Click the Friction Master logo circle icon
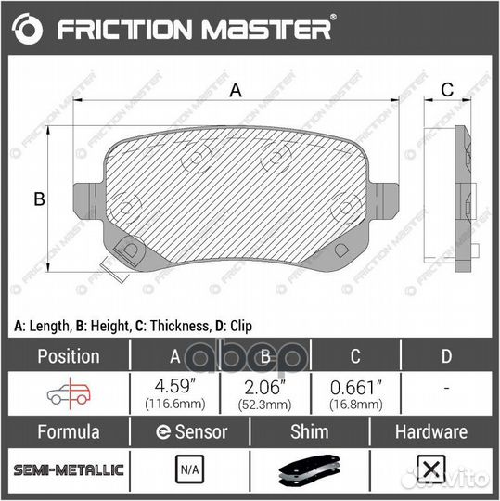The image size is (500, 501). point(30,30)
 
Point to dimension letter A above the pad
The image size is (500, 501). point(236,90)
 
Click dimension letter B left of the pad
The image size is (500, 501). point(40,198)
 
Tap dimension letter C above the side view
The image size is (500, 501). point(445,90)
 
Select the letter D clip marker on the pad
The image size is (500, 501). point(131,250)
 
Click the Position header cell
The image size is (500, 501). point(68,355)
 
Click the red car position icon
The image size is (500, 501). point(68,393)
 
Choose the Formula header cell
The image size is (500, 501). point(68,432)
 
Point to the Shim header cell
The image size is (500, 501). point(311,432)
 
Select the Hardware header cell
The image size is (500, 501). point(430,432)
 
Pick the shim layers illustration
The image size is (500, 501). point(311,472)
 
